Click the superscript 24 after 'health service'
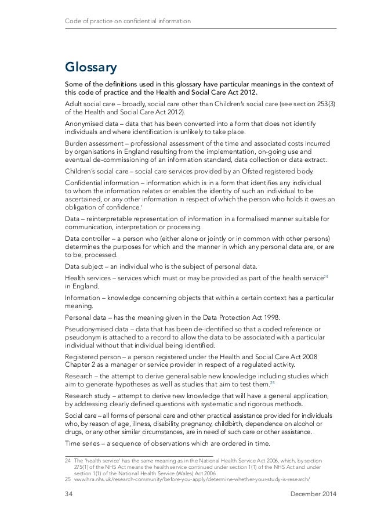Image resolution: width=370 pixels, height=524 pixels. pyautogui.click(x=326, y=276)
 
